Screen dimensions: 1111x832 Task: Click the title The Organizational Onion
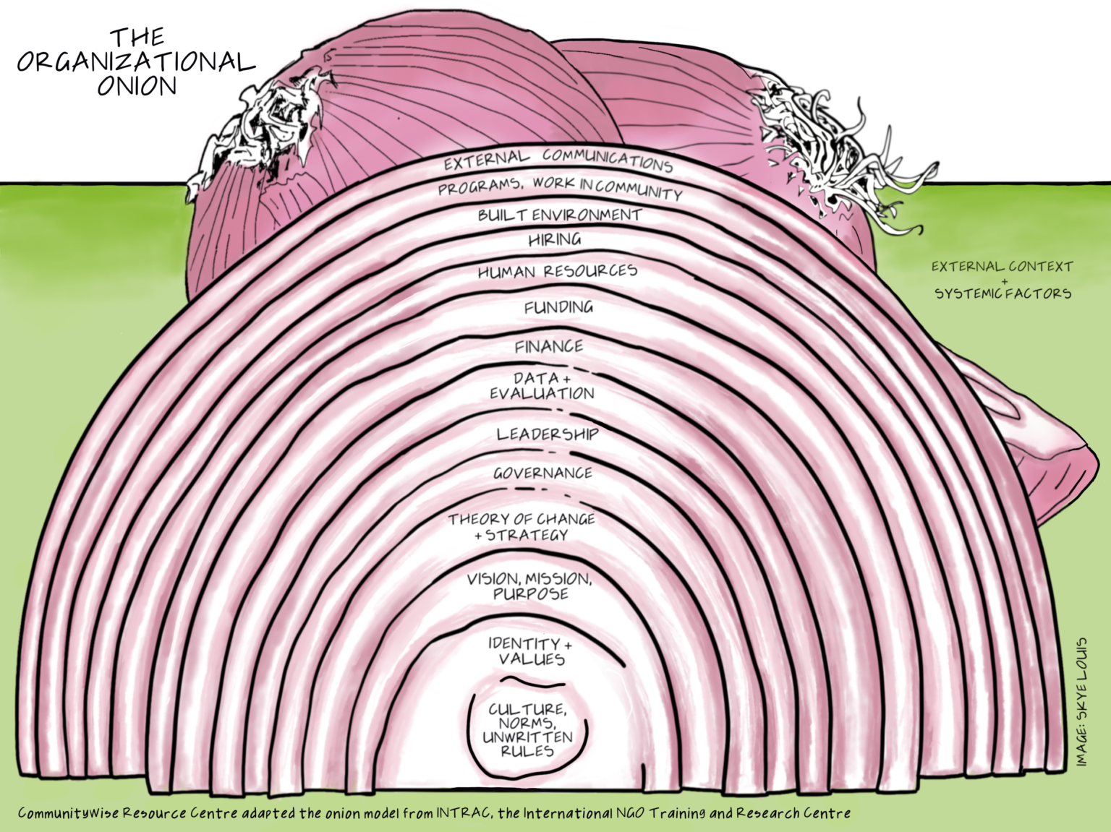coord(136,62)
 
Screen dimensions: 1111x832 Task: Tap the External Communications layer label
coord(558,160)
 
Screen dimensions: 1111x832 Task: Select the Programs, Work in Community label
coord(559,187)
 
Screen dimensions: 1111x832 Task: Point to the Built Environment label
coord(559,215)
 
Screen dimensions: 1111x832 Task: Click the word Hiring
coord(554,239)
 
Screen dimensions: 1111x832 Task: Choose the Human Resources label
coord(557,272)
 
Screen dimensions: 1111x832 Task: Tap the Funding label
coord(558,307)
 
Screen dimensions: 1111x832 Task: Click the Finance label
coord(548,347)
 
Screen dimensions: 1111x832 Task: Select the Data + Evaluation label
coord(542,386)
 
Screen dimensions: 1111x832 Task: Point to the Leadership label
coord(547,434)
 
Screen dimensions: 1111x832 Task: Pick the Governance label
coord(542,473)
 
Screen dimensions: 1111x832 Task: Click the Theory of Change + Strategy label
coord(522,527)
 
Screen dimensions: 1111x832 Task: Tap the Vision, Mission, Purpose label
coord(529,586)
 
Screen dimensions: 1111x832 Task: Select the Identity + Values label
coord(530,651)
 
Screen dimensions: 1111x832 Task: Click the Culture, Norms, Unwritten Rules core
coord(527,730)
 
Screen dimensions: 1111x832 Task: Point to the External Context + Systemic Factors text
coord(1003,280)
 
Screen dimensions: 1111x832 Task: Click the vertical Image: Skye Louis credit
coord(1081,701)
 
